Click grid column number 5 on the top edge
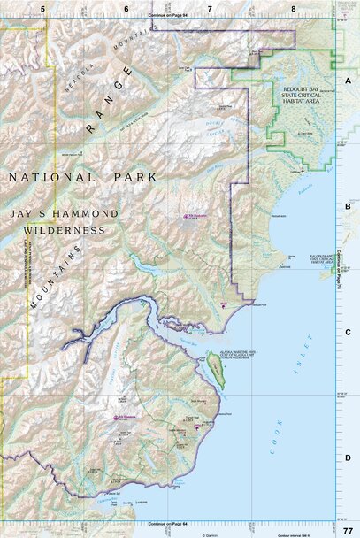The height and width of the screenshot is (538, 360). coord(42,8)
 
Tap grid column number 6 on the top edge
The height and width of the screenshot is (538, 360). coord(126,8)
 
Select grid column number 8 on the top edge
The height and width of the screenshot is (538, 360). coord(293,8)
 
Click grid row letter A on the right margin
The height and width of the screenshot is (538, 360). coord(348,80)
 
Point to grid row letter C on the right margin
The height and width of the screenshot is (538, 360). coord(348,333)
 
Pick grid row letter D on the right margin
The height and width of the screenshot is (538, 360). coord(348,457)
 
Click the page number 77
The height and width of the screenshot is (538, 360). coord(347,530)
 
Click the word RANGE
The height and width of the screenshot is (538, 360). coord(111,100)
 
